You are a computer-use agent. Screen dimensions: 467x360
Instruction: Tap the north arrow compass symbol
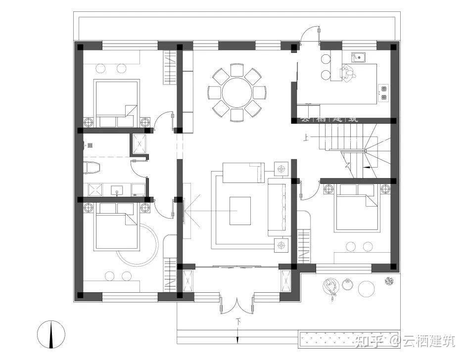(x=51, y=334)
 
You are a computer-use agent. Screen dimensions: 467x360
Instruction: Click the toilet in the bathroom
(x=92, y=168)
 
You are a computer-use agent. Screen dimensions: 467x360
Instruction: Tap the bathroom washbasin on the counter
(x=118, y=189)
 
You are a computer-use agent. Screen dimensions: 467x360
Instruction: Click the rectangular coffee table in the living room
(x=240, y=211)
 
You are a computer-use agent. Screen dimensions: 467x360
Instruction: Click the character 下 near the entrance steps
(x=238, y=322)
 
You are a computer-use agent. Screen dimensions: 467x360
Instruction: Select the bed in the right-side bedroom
(x=356, y=208)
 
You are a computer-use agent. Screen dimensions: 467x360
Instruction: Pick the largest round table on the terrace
(x=367, y=289)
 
